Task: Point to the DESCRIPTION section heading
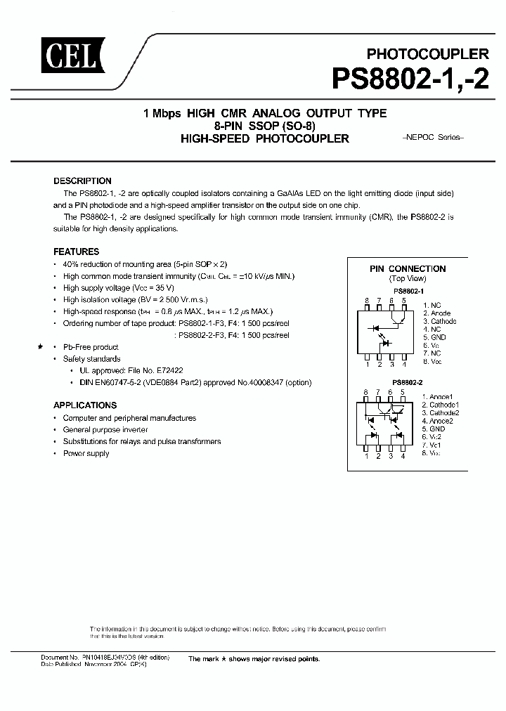click(x=82, y=181)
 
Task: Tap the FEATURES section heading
click(x=77, y=252)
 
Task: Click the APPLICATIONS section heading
click(x=85, y=405)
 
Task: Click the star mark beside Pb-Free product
click(x=41, y=347)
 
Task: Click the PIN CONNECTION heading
click(x=408, y=268)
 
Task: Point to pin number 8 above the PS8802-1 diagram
click(x=366, y=300)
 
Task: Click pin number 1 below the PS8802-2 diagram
click(x=366, y=456)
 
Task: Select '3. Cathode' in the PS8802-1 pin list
click(x=440, y=321)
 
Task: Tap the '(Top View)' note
click(x=408, y=279)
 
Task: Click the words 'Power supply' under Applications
click(x=86, y=454)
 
